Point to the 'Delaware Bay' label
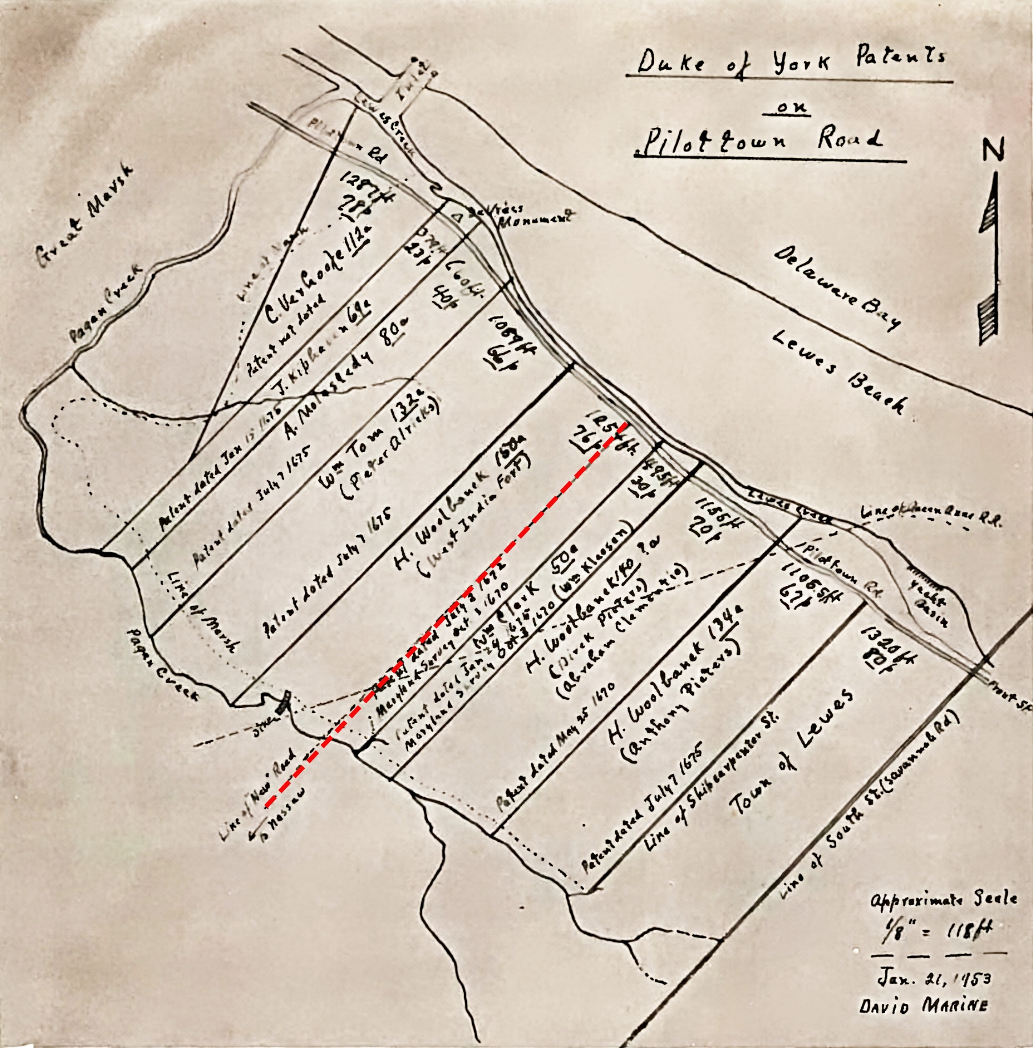tap(837, 288)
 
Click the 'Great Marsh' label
tap(86, 214)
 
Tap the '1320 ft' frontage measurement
tap(887, 648)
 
